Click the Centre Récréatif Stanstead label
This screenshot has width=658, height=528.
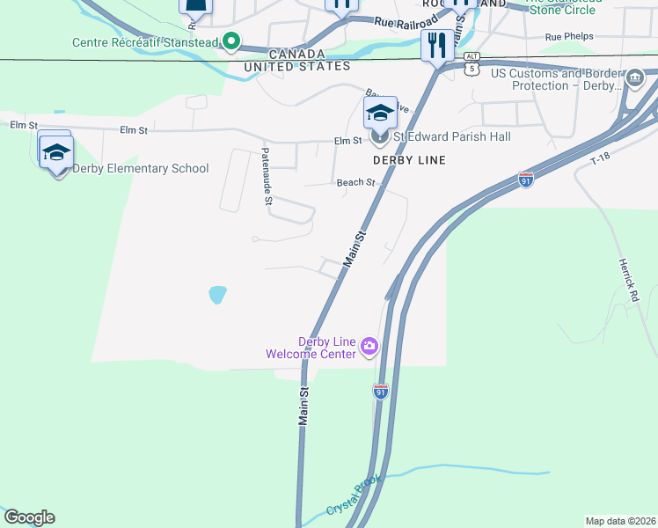click(x=145, y=42)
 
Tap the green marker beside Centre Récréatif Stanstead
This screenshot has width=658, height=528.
click(x=231, y=41)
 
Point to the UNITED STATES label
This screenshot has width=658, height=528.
click(x=297, y=66)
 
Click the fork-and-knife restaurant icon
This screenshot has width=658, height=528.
click(x=437, y=44)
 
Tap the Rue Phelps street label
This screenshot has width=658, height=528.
click(x=569, y=37)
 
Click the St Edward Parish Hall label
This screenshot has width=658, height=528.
click(x=451, y=137)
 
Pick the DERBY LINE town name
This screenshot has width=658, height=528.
click(x=409, y=160)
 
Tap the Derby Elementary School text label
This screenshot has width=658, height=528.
click(x=141, y=169)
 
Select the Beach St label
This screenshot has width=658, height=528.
click(x=355, y=183)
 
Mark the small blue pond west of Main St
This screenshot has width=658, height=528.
click(x=216, y=294)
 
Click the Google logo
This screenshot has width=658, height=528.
click(x=29, y=517)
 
